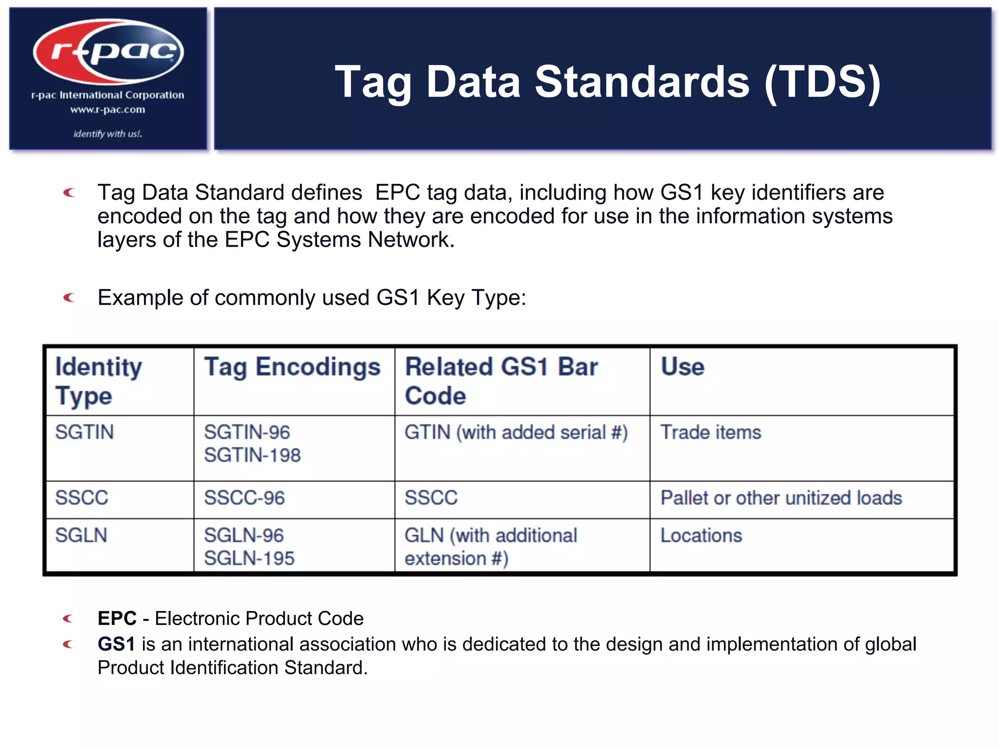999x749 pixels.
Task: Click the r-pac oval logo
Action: point(108,51)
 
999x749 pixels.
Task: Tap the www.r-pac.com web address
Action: point(108,110)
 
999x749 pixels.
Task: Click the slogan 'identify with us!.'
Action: point(108,134)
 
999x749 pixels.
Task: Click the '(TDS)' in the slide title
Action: point(822,82)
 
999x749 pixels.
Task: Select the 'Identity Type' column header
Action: point(99,381)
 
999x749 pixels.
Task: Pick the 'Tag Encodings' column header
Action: point(292,367)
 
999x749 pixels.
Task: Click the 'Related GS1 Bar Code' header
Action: point(501,381)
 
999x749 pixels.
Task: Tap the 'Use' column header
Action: point(682,367)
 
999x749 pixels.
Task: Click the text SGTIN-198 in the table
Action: point(252,455)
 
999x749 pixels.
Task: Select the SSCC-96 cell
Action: point(244,498)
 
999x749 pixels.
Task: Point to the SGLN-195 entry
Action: point(249,558)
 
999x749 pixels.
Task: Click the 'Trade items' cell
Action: point(711,433)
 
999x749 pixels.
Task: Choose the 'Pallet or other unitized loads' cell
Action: point(781,498)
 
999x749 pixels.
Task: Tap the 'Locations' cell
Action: point(701,535)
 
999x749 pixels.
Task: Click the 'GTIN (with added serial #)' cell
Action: point(516,433)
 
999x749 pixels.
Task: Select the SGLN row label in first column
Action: point(81,535)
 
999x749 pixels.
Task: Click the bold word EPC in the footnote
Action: point(117,618)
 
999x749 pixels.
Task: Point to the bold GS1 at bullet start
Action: point(116,644)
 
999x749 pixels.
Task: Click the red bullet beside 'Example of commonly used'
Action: point(69,297)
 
